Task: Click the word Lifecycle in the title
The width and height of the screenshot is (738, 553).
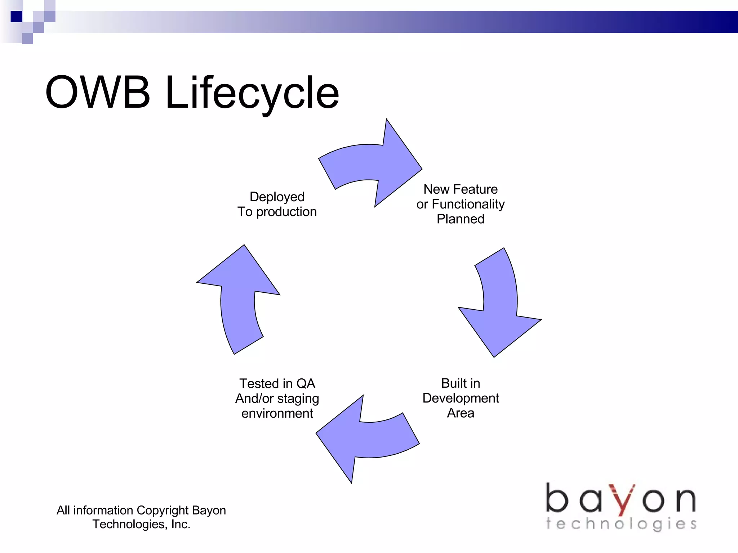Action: tap(252, 93)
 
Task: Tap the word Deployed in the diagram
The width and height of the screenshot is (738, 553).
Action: tap(277, 197)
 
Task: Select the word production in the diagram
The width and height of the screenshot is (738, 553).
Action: tap(286, 212)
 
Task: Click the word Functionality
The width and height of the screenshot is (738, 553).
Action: tap(468, 204)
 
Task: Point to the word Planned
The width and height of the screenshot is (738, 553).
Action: tap(461, 219)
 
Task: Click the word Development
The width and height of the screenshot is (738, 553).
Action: tap(461, 398)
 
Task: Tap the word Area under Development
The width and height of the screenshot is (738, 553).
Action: tap(461, 413)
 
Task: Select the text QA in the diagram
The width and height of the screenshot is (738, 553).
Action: tap(306, 383)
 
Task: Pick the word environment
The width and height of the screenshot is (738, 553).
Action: tap(277, 413)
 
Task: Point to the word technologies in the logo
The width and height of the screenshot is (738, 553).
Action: tap(621, 524)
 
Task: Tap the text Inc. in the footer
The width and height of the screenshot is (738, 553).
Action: tap(181, 525)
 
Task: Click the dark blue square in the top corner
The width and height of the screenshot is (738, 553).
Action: tap(16, 17)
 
